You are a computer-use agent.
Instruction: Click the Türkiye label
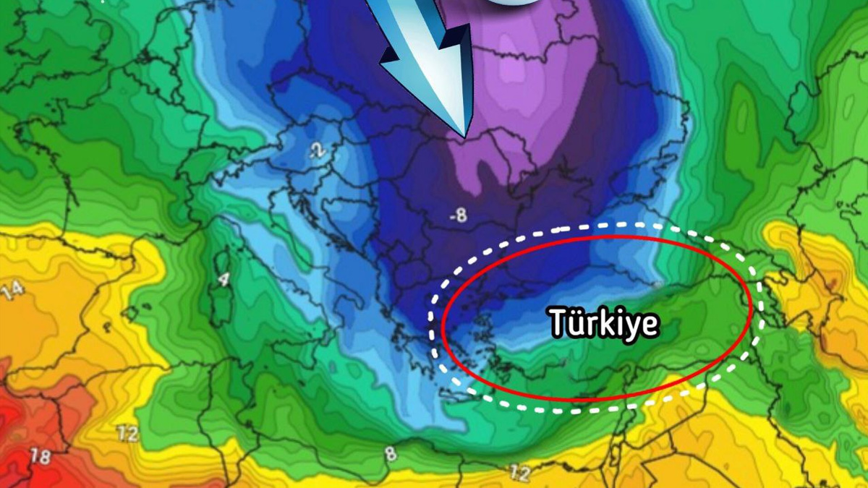coord(604,322)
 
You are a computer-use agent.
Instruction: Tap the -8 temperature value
coord(457,215)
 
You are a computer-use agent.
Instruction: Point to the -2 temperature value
coord(316,150)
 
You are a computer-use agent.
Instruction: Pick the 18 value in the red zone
coord(41,456)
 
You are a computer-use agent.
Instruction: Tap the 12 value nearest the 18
coord(129,434)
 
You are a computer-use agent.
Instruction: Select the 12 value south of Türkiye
coord(519,474)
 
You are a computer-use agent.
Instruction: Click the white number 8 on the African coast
coord(391,453)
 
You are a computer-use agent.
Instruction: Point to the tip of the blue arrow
coord(464,136)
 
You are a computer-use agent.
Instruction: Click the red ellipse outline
coord(442,318)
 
